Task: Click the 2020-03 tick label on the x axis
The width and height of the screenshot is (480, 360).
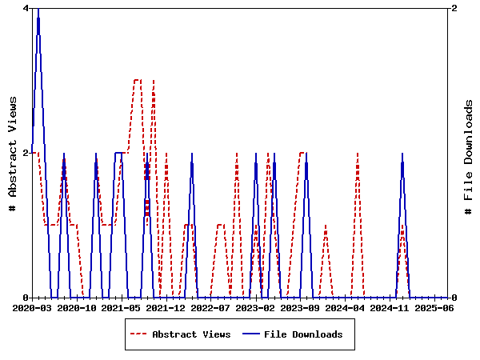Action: (x=32, y=307)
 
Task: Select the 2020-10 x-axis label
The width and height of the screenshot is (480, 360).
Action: (x=78, y=307)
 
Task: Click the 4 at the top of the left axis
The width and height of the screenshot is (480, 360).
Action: (x=26, y=8)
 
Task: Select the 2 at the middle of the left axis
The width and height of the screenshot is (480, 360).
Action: (x=26, y=153)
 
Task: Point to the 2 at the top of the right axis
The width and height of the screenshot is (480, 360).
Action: (x=454, y=8)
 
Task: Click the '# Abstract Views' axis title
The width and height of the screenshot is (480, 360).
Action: (x=13, y=153)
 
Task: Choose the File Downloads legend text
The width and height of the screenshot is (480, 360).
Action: (x=303, y=334)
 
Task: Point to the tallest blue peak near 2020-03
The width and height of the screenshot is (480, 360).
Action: (x=38, y=10)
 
